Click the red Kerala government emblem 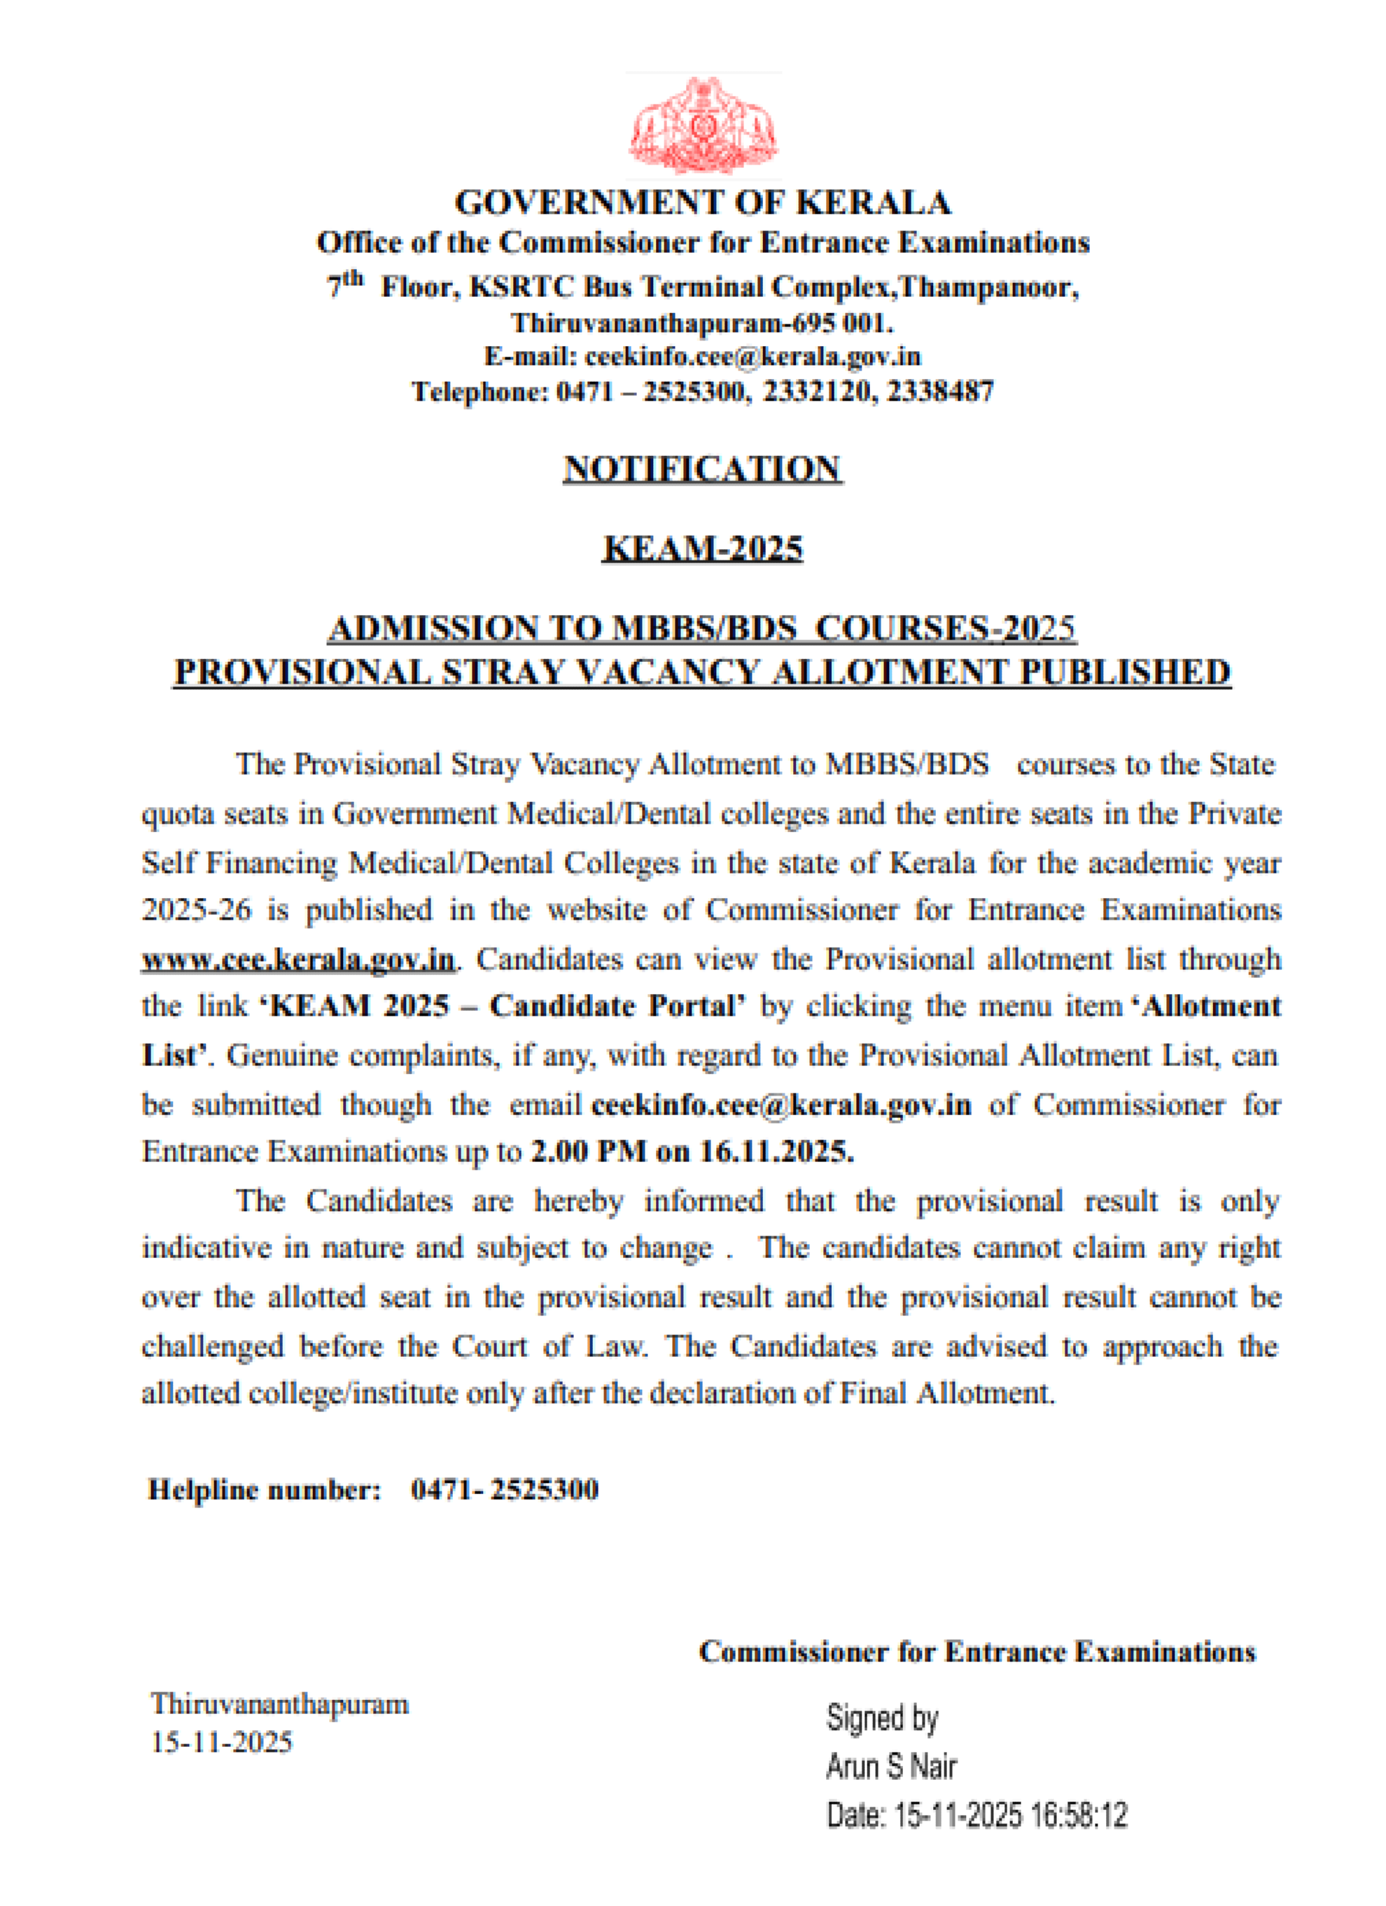tap(704, 126)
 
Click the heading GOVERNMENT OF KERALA tap(703, 203)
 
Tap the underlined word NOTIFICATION tap(702, 468)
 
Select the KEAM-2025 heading tap(703, 548)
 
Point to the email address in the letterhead tap(752, 357)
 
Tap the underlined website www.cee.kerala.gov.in tap(298, 960)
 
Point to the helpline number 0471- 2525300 tap(504, 1490)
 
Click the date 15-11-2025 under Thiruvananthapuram tap(222, 1742)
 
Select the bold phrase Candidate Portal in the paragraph tap(617, 1006)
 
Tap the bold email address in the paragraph tap(781, 1104)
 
